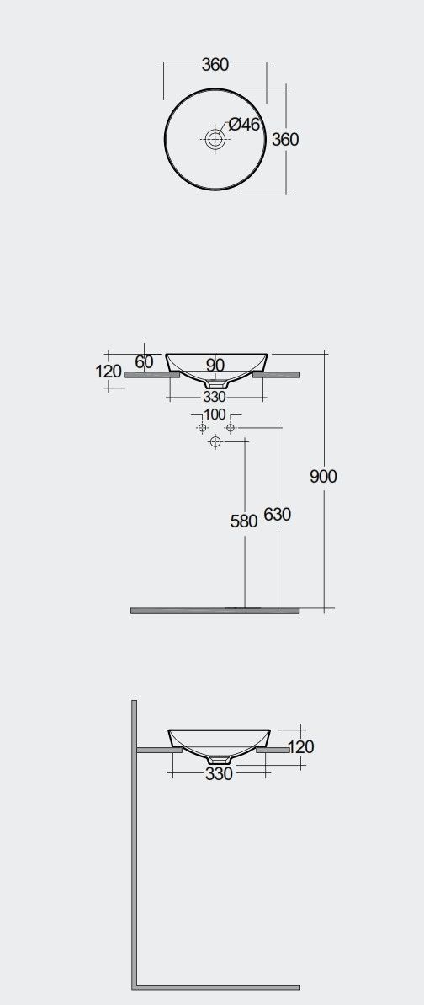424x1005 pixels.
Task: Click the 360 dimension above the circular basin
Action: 215,65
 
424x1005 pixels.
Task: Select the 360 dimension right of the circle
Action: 285,139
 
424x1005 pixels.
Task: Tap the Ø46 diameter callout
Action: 244,125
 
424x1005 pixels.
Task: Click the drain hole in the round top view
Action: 214,138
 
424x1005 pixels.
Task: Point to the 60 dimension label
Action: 144,361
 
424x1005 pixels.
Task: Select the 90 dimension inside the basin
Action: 215,365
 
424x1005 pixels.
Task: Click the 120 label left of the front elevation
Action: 109,372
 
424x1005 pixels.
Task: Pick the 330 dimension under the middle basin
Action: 215,397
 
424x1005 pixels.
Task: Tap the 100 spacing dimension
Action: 215,414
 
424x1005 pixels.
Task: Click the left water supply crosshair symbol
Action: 202,427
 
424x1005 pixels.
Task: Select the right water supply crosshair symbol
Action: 231,427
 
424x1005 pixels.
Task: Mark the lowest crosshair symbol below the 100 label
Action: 215,441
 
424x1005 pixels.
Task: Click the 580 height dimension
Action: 244,521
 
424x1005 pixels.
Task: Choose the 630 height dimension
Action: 278,514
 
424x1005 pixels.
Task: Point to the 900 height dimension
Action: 323,476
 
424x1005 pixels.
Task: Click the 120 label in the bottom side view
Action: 301,746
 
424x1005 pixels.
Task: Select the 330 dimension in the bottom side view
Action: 219,773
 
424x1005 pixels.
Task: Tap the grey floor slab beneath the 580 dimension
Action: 215,611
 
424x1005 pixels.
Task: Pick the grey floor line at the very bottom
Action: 216,987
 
